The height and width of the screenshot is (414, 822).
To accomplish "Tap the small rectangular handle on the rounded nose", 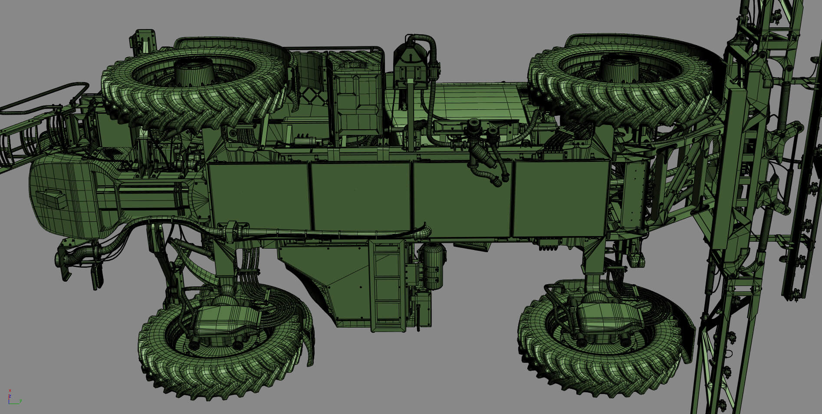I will click(x=50, y=200).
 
